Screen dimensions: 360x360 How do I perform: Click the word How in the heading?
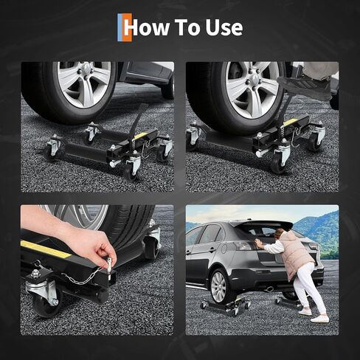click(147, 27)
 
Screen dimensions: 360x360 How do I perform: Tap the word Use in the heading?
click(224, 27)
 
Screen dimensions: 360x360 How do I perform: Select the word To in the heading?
click(187, 27)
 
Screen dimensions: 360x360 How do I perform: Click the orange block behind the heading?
click(128, 27)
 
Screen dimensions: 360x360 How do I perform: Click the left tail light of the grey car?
click(243, 246)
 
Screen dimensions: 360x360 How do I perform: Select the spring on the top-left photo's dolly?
click(134, 145)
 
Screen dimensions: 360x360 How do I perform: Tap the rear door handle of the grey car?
click(212, 250)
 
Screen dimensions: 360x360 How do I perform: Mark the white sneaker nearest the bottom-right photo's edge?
click(320, 319)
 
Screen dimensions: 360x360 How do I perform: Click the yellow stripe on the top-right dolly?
click(290, 122)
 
